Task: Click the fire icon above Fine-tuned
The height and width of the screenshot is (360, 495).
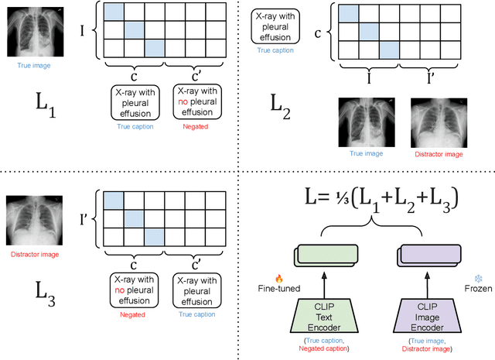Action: [279, 277]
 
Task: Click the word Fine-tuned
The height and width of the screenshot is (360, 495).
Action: [280, 290]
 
